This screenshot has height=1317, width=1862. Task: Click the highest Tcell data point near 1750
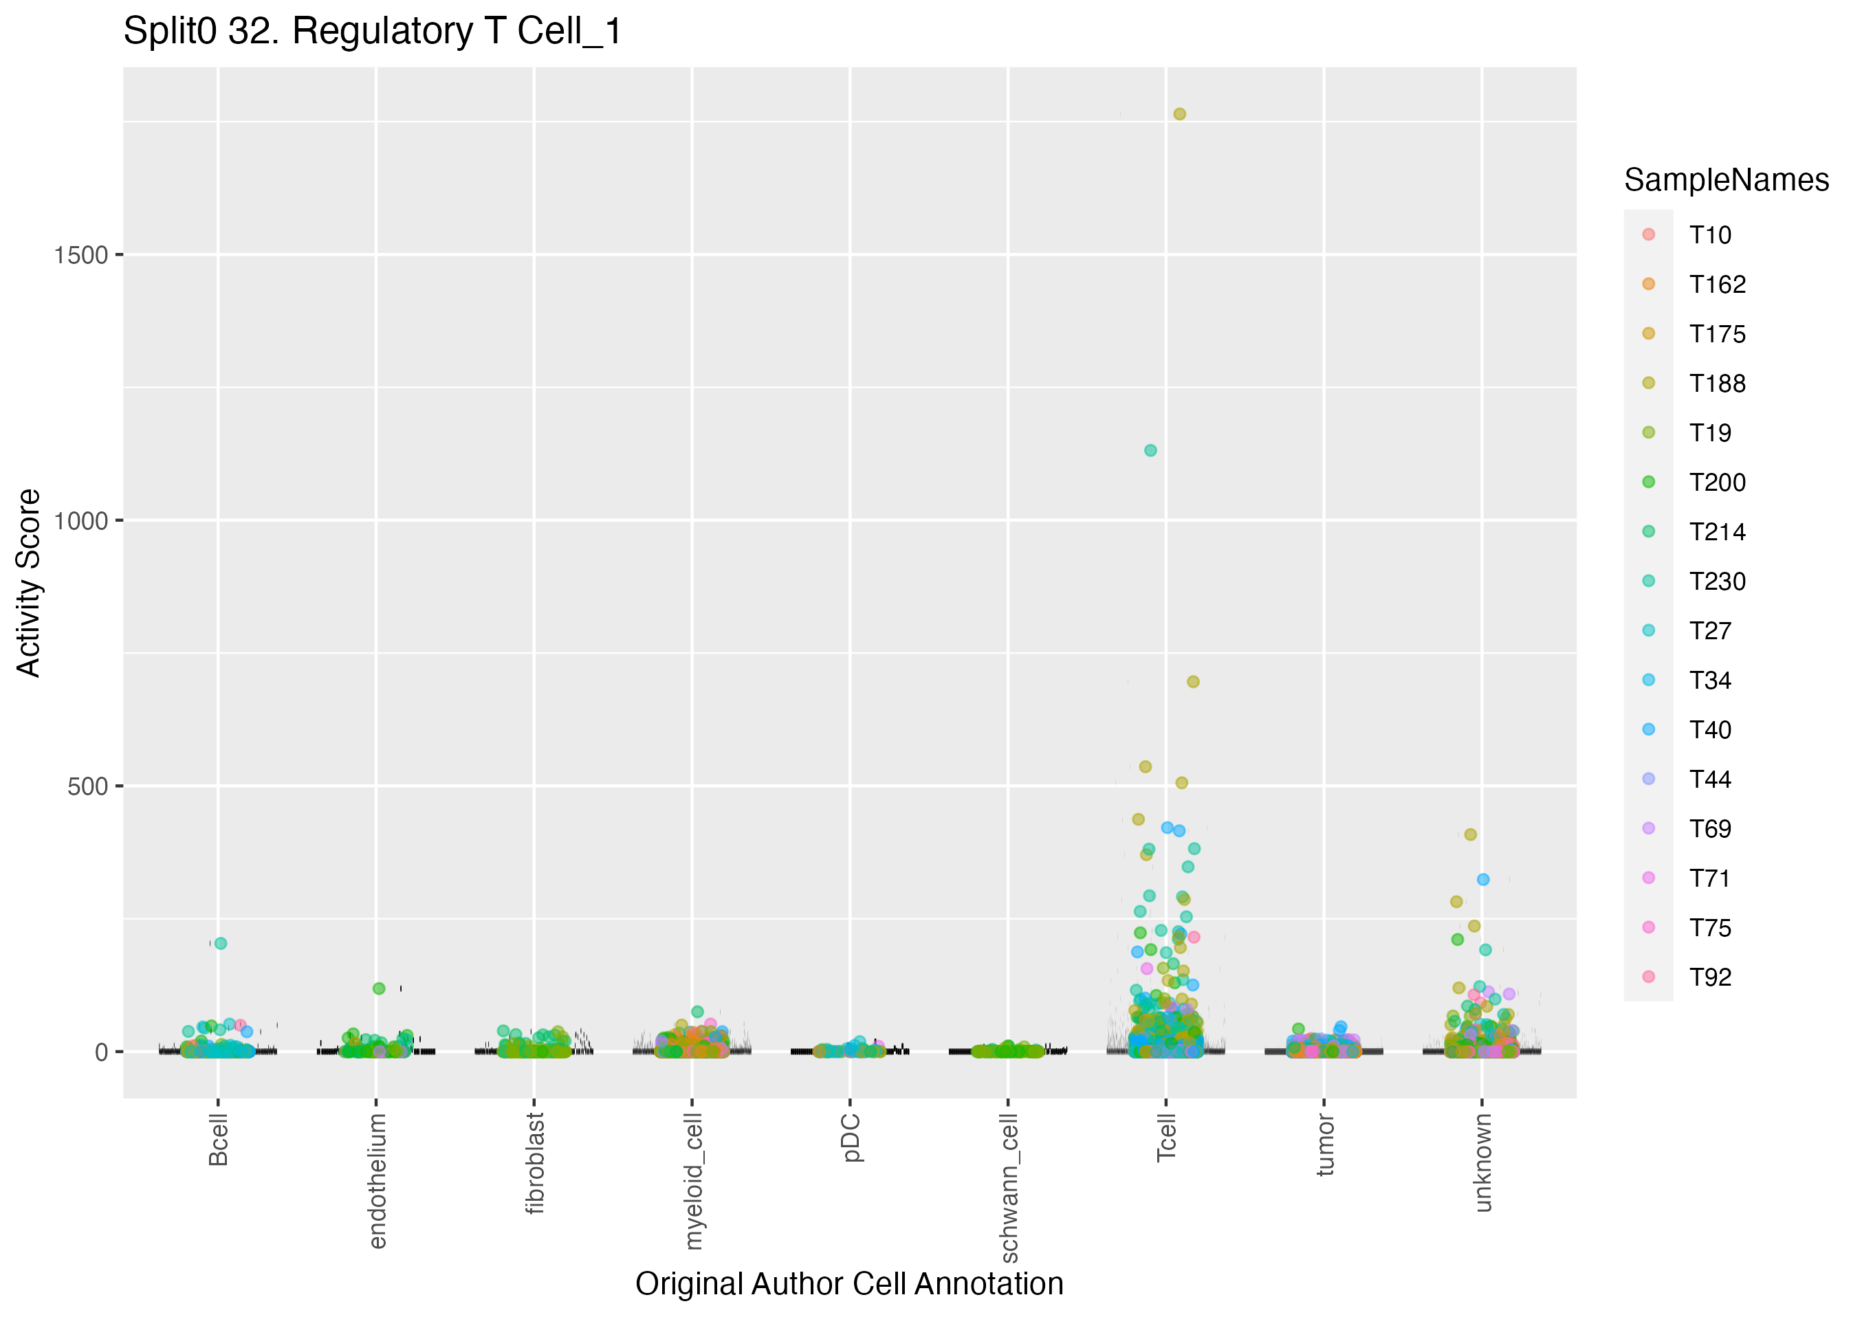[1179, 114]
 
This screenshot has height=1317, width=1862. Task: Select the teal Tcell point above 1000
[1150, 450]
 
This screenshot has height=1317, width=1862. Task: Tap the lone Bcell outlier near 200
[221, 943]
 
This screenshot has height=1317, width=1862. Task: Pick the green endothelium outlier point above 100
[379, 988]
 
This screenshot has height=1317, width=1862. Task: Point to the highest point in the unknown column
[1470, 834]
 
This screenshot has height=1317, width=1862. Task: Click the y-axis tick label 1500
[81, 256]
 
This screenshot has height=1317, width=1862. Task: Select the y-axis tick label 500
[87, 786]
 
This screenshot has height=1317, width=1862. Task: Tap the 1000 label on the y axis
[81, 520]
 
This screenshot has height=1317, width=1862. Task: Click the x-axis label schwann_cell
[1009, 1187]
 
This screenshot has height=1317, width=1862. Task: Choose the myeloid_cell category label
[692, 1181]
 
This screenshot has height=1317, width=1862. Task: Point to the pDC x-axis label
[851, 1138]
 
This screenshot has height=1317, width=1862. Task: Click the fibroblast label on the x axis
[534, 1163]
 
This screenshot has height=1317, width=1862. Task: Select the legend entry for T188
[1717, 384]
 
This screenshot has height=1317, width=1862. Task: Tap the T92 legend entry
[1710, 977]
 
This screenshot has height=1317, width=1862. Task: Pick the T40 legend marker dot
[1649, 730]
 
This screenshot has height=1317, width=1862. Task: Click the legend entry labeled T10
[1710, 235]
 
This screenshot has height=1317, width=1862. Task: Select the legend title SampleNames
[1726, 180]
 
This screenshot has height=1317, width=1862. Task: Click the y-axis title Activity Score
[29, 582]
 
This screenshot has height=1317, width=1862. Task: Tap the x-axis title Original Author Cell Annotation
[849, 1285]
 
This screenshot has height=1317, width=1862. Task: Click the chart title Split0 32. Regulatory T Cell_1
[372, 32]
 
